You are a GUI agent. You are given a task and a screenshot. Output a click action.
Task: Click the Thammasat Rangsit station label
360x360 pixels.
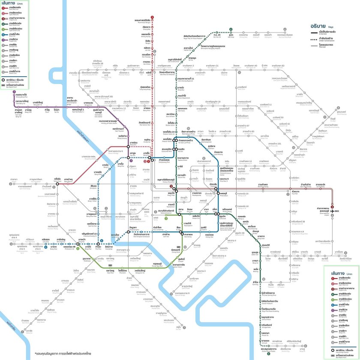(x=143, y=21)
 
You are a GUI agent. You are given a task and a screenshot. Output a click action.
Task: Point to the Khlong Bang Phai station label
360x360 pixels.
(x=20, y=96)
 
